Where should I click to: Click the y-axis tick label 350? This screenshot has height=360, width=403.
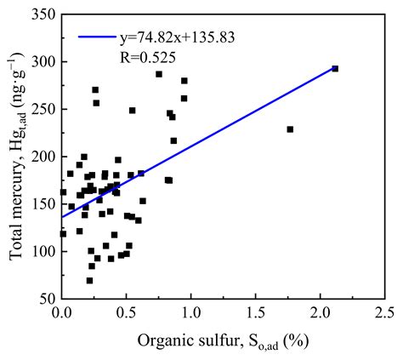coord(43,15)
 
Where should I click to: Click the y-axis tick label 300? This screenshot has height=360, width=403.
coord(43,62)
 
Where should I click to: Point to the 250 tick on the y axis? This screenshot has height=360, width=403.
coord(43,110)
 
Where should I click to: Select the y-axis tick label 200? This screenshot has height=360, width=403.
coord(43,157)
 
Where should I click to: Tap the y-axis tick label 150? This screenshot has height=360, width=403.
coord(43,204)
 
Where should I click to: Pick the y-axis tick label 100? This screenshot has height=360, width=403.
coord(43,252)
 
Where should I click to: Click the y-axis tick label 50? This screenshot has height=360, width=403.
coord(46,299)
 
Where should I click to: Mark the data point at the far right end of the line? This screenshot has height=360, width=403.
coord(335,68)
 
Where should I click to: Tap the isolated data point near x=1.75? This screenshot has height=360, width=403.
coord(290,129)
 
